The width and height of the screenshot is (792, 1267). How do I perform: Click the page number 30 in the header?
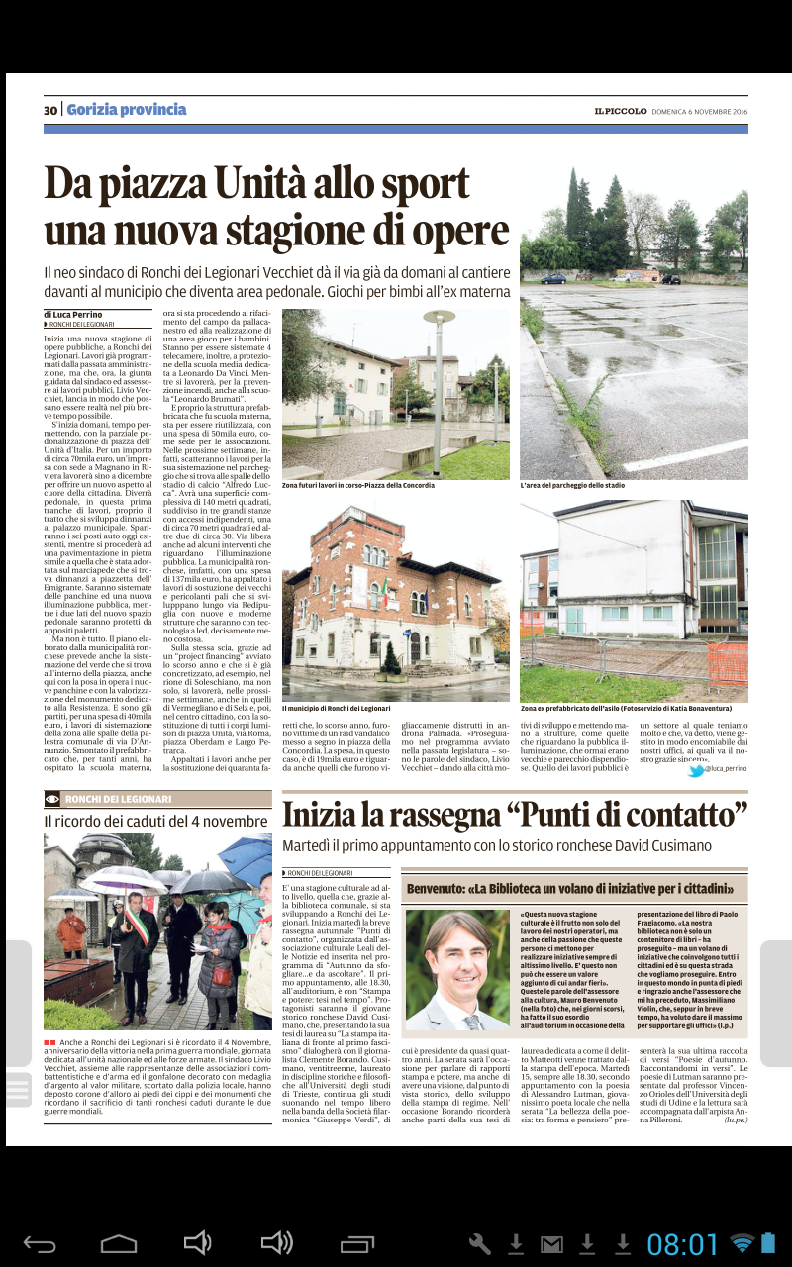coord(50,110)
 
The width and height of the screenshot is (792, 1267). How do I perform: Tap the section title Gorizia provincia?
coord(127,110)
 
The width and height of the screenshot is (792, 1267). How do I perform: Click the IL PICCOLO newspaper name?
coord(621,111)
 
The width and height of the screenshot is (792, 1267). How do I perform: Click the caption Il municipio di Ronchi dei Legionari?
coord(337,709)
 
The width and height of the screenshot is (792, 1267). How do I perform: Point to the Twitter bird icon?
coord(696,769)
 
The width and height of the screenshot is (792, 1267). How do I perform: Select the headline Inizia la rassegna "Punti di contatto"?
coord(514,814)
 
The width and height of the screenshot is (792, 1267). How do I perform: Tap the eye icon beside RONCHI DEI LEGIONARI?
coord(52,799)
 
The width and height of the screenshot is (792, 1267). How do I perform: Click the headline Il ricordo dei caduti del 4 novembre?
coord(155,821)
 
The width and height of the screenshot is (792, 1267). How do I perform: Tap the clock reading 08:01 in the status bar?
coord(683,1244)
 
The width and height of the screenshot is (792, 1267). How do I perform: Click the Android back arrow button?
coord(40,1243)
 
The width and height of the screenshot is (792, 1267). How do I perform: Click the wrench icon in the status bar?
coord(479,1244)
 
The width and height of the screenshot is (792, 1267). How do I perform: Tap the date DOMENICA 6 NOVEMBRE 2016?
coord(699,111)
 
